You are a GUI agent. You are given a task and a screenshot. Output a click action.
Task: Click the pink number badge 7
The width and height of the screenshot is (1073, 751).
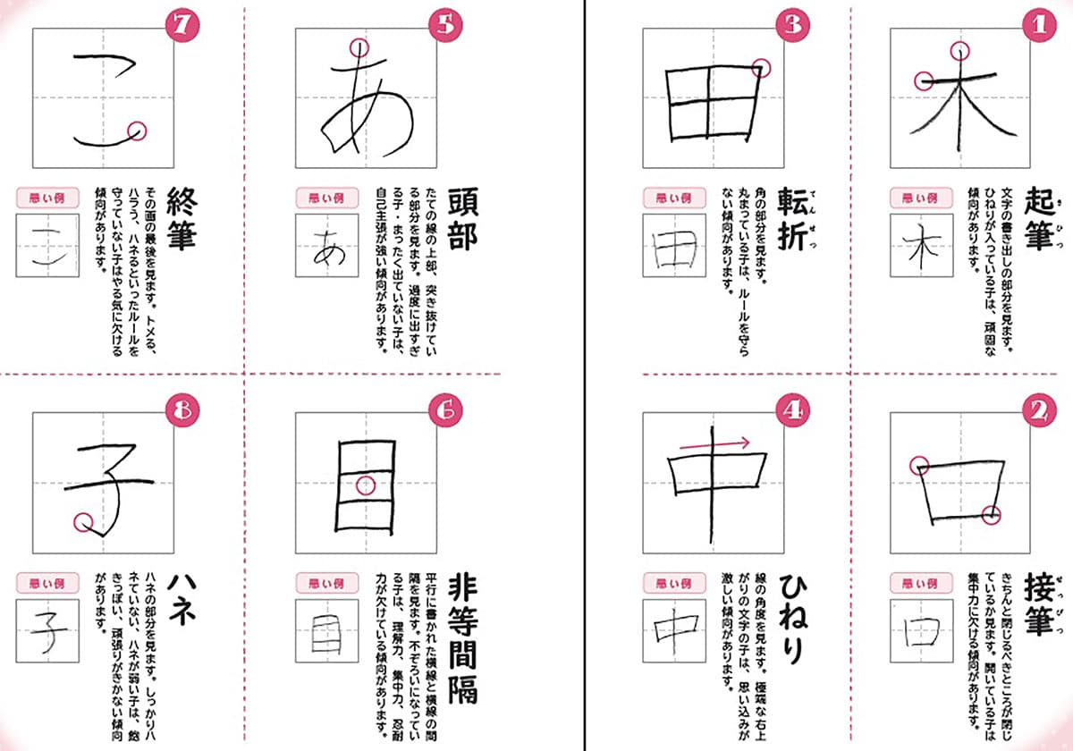(182, 25)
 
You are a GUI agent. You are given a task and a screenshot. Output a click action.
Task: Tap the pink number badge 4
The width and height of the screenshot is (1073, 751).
(793, 410)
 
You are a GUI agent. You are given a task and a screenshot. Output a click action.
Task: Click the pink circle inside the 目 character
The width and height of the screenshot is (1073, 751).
(365, 485)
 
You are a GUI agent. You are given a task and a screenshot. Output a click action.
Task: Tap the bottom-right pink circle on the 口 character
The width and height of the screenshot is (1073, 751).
(990, 514)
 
